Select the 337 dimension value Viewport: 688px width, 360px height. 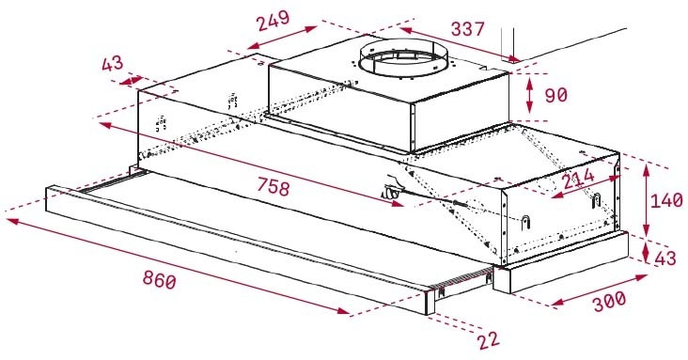467,30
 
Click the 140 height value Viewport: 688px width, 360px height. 669,201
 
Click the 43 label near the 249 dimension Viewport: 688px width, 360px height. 114,64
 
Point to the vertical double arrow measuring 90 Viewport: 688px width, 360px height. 529,95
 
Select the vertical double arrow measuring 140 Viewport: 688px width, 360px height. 647,201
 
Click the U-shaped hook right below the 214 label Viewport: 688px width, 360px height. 595,199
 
